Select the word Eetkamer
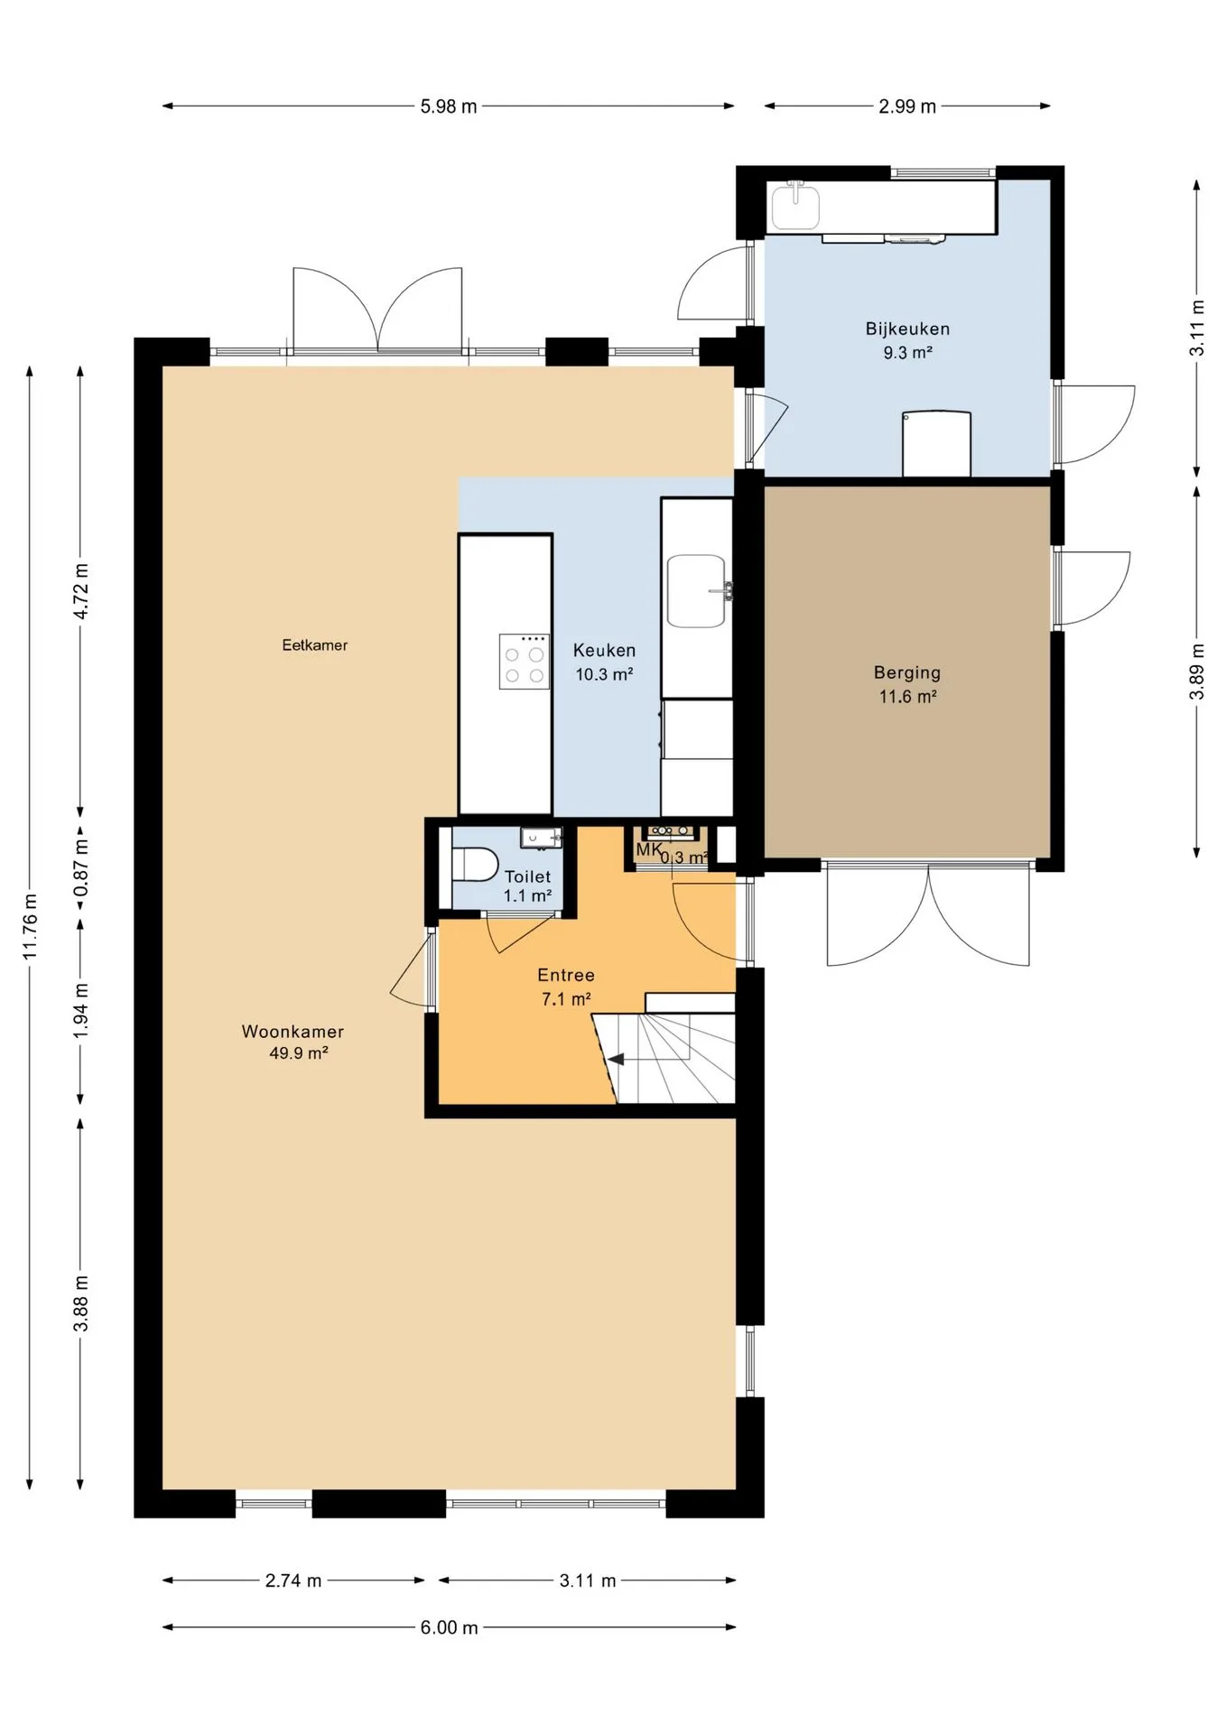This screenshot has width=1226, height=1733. [314, 644]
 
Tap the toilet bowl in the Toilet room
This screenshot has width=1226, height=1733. [475, 864]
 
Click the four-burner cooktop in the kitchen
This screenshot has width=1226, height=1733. [525, 662]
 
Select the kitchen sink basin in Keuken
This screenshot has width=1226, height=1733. [696, 591]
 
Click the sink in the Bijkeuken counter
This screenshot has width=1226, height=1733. [795, 206]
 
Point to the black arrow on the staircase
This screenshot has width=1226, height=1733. [617, 1059]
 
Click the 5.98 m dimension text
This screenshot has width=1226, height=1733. [449, 107]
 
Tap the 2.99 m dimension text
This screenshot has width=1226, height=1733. [907, 107]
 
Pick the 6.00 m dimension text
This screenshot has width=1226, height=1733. [449, 1627]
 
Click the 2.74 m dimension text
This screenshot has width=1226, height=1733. [293, 1580]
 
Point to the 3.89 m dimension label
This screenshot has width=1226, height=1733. [1197, 671]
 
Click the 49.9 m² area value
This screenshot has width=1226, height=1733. [298, 1053]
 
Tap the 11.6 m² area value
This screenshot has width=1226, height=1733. [907, 697]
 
